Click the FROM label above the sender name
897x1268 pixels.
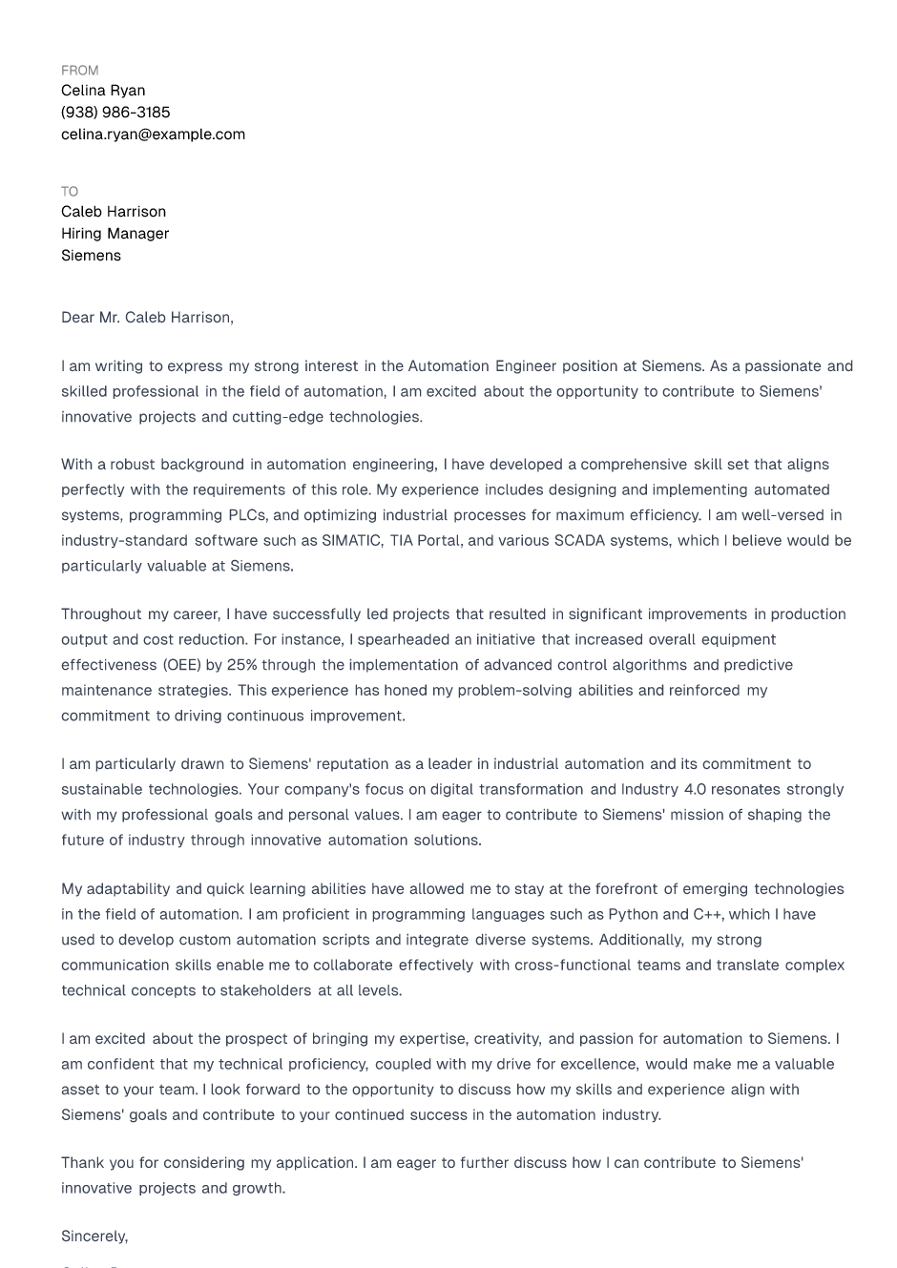coord(79,71)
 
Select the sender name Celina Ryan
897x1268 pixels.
coord(103,91)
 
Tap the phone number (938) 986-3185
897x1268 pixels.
coord(115,113)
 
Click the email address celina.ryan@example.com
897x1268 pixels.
coord(153,135)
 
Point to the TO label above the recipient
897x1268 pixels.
coord(70,192)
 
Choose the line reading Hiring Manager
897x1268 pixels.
coord(115,234)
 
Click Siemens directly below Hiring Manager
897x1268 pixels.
coord(91,256)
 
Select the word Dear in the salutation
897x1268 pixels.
coord(77,318)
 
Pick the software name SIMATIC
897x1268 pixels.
coord(351,541)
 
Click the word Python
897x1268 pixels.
coord(633,914)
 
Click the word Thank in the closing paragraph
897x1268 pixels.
coord(84,1163)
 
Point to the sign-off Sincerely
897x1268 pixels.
coord(94,1237)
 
